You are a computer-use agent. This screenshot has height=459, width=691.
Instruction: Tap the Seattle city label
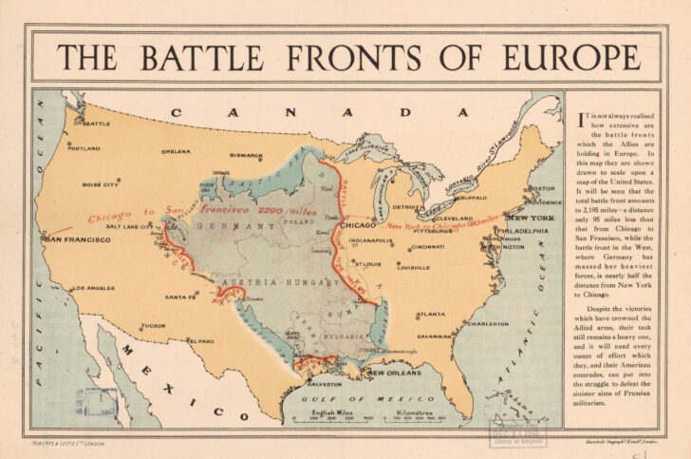coord(97,124)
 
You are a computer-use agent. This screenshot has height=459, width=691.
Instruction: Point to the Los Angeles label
coord(93,287)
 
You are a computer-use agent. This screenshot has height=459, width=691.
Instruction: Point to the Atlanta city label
coord(431,314)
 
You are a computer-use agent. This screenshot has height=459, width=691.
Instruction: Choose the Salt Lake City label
coord(128,226)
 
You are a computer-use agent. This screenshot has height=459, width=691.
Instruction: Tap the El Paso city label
coord(200,340)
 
